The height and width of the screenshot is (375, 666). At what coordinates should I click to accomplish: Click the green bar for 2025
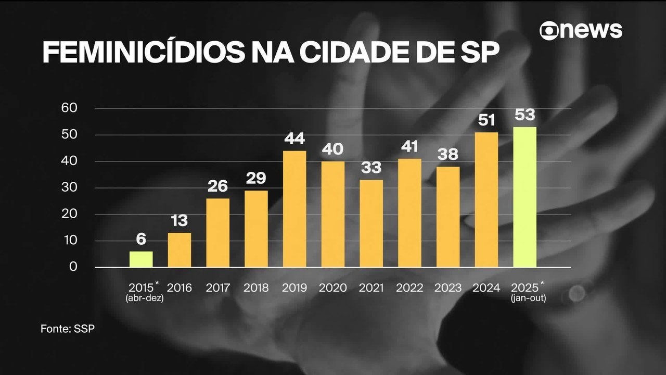coord(524,197)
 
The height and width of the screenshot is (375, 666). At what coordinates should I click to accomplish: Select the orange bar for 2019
coord(294,209)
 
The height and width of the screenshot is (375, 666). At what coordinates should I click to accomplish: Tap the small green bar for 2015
coord(141,259)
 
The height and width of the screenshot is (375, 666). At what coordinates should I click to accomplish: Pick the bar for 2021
coord(371,223)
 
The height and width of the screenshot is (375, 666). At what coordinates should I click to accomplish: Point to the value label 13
coord(179,221)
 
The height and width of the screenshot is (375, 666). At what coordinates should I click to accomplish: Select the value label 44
coord(294,139)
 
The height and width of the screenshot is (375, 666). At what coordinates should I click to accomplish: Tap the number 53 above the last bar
coord(524,115)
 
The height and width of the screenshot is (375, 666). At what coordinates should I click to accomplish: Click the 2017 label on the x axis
coord(217,288)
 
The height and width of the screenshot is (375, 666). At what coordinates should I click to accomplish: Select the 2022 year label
coord(409,288)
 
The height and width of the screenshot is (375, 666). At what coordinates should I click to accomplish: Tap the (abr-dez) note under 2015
coord(144,298)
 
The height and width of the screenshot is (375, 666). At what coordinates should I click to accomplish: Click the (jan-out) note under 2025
coord(528,298)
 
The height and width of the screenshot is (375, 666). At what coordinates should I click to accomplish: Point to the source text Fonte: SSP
coord(68,329)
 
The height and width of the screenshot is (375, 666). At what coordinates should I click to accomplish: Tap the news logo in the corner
coord(581,30)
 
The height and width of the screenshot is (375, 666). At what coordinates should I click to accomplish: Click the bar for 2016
coord(179,250)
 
